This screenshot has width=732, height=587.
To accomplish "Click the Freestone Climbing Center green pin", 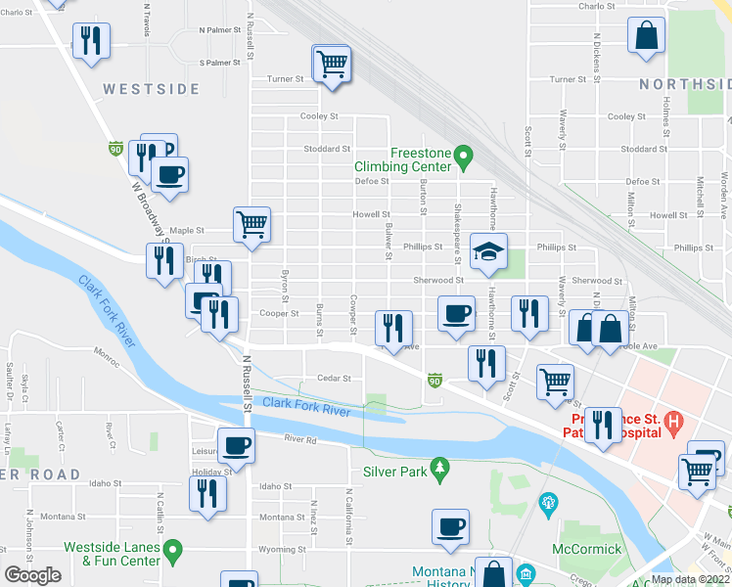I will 466,155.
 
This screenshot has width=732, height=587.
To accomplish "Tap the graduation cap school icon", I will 487,250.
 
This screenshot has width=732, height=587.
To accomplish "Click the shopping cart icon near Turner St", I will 332,64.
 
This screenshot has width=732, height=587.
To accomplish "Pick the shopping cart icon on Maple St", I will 252,224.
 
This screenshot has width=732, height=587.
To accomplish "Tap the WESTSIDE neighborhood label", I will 152,89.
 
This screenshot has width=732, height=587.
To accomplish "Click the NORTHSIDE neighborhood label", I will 685,84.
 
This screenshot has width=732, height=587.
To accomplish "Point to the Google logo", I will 32,575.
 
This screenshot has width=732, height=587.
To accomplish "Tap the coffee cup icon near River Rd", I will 236,446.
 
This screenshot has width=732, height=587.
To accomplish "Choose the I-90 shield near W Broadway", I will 115,149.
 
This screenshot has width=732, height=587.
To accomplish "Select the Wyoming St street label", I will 282,549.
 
